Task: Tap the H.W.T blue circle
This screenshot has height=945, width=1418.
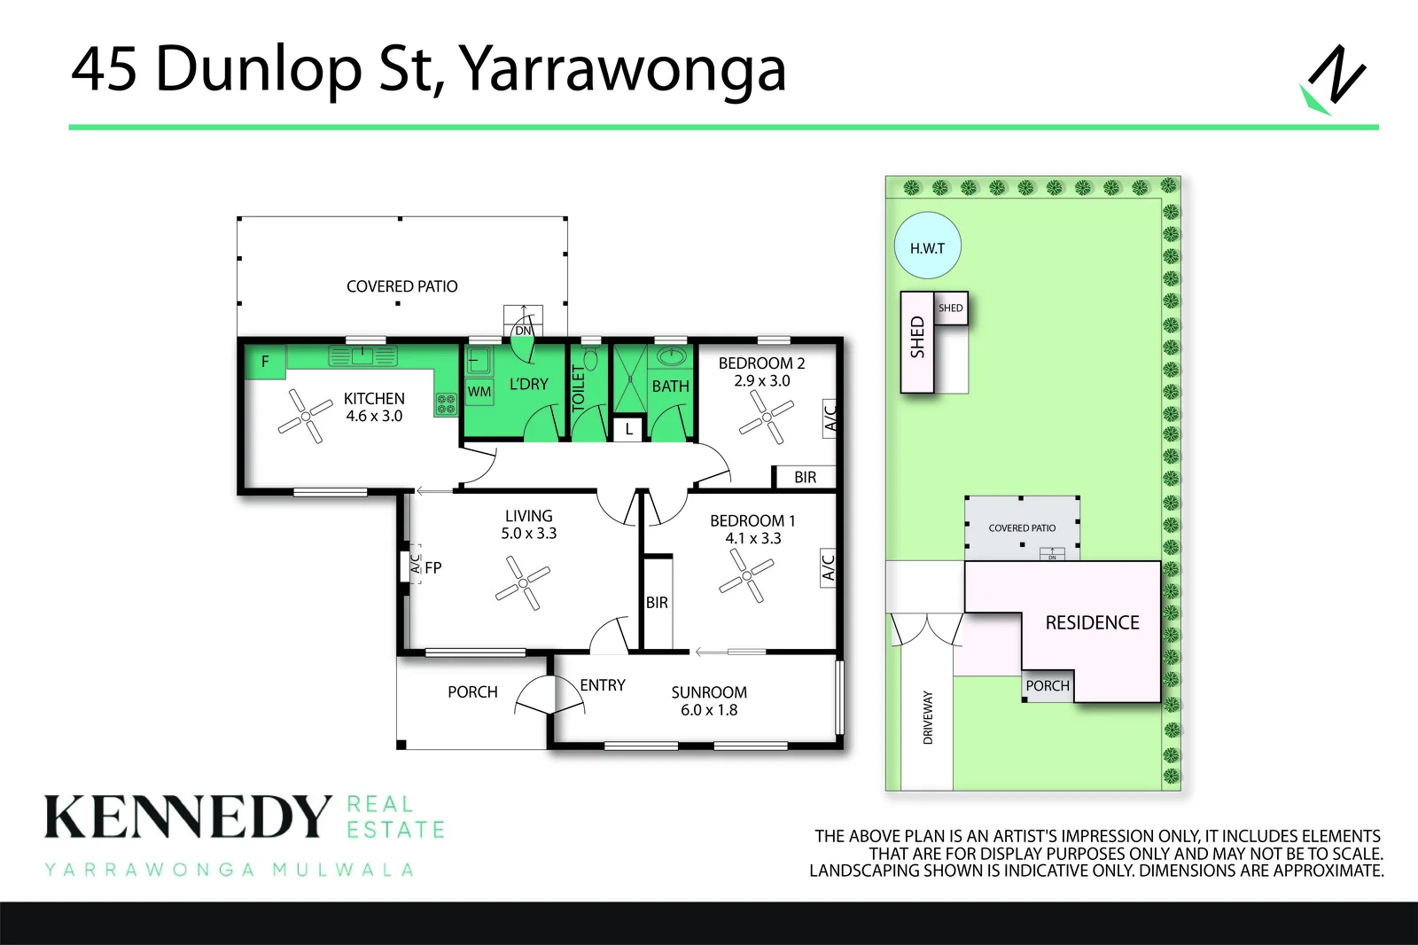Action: (927, 246)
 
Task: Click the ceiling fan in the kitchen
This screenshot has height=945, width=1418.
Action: (305, 416)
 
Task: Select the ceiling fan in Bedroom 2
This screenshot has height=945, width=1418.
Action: (767, 417)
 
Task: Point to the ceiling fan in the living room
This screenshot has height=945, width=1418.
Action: (523, 582)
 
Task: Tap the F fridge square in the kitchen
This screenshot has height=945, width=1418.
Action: (265, 362)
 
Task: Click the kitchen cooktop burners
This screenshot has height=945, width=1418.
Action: (446, 404)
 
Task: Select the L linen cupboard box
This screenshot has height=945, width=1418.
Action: (628, 429)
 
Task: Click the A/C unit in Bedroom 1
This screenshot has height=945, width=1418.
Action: (828, 567)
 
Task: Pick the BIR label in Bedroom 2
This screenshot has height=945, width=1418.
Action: (806, 477)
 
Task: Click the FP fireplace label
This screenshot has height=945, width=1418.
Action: (433, 568)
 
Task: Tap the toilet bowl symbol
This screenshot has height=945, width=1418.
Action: (590, 359)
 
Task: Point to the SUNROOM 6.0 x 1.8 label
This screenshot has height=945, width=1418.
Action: (709, 701)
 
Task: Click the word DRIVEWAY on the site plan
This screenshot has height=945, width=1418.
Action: (928, 718)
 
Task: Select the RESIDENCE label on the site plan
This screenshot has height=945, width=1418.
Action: (1092, 622)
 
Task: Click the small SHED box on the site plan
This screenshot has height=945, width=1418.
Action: (951, 308)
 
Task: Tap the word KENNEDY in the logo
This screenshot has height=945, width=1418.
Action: (188, 816)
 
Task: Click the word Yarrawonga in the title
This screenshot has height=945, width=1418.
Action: (621, 71)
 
